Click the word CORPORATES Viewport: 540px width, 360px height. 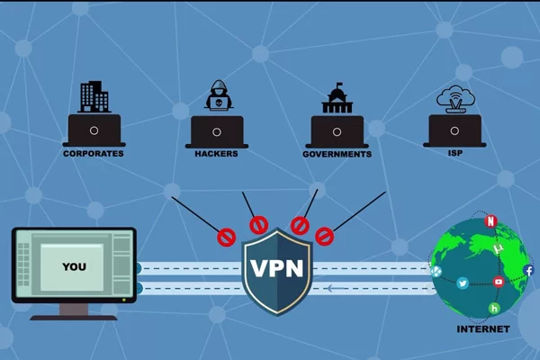coord(94,153)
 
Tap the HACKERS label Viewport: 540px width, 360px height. coord(216,153)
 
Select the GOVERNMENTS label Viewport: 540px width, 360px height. coord(337,154)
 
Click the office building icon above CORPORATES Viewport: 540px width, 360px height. coord(94,96)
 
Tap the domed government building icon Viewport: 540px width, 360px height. coord(337,99)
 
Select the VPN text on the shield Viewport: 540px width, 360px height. coord(275,269)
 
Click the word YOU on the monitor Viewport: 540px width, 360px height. coord(74,266)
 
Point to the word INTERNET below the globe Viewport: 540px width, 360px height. coord(482,329)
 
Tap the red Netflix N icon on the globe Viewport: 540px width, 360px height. coord(490,221)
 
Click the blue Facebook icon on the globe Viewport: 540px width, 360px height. coord(528,270)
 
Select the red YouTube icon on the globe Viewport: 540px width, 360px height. coord(499,282)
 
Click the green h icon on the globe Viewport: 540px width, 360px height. coord(494,309)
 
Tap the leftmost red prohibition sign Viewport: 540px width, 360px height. coord(225,238)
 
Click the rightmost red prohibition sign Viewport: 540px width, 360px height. coord(324,238)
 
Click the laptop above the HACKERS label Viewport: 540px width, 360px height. coord(216,130)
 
